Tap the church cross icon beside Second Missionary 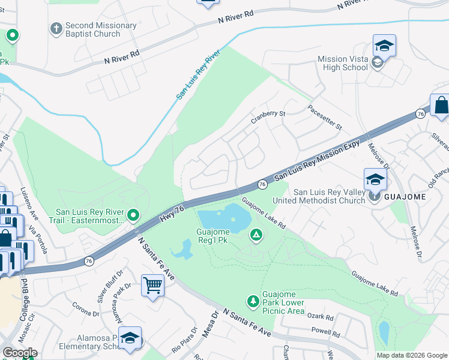(56, 28)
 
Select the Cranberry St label (267, 116)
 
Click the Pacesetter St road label (324, 118)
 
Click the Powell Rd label (322, 331)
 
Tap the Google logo (20, 353)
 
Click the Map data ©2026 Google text (412, 355)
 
